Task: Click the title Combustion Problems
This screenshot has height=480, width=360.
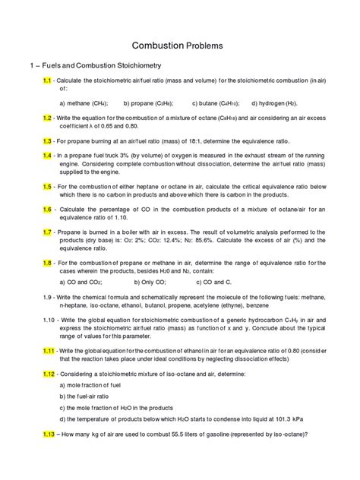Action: (179, 46)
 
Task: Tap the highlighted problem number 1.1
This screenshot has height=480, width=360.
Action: (47, 80)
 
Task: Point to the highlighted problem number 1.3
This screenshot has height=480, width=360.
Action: (47, 141)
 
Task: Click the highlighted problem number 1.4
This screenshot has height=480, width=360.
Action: (47, 155)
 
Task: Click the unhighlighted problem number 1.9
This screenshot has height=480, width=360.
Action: (47, 297)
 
